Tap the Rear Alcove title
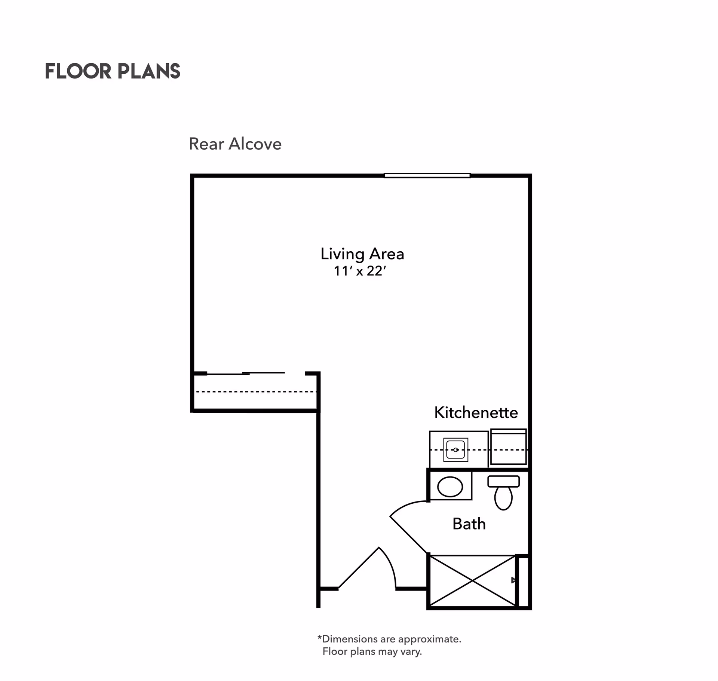coord(235,144)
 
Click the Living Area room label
coord(362,254)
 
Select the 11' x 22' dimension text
coord(359,271)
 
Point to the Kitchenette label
coord(476,412)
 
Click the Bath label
coord(469,524)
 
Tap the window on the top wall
coord(427,175)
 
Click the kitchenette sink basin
coord(455,450)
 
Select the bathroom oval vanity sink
coord(450,487)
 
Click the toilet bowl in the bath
coord(503,498)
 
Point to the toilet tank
coord(503,481)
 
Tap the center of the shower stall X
coord(473,581)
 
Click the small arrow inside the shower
coord(514,580)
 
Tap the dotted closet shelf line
coord(256,392)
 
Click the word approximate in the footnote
coord(429,639)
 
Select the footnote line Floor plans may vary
coord(372,651)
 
